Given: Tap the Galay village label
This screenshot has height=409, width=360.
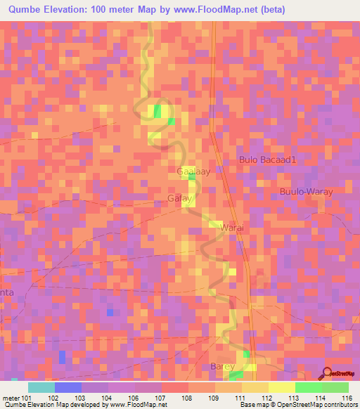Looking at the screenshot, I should tap(181, 199).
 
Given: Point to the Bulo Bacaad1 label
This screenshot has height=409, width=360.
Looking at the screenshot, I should tap(269, 160).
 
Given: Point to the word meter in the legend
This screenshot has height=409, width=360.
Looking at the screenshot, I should tap(12, 397).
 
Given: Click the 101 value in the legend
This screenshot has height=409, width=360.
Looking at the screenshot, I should tap(27, 397).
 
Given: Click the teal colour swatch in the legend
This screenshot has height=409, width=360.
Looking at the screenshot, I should tap(41, 387).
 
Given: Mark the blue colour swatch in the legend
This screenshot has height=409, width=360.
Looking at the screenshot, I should tap(68, 387).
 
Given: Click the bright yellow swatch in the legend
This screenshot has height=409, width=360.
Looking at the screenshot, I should tap(282, 387).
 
